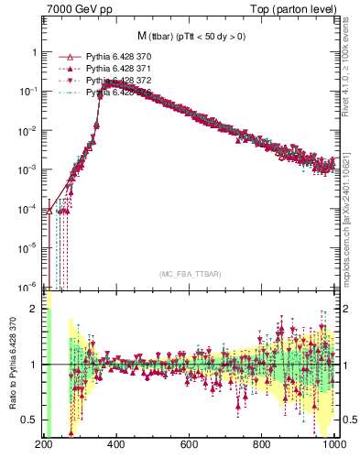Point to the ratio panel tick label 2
(33, 309)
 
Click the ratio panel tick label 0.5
(28, 420)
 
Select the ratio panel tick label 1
(33, 365)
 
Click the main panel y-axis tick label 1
(33, 53)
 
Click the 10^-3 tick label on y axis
(27, 169)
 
